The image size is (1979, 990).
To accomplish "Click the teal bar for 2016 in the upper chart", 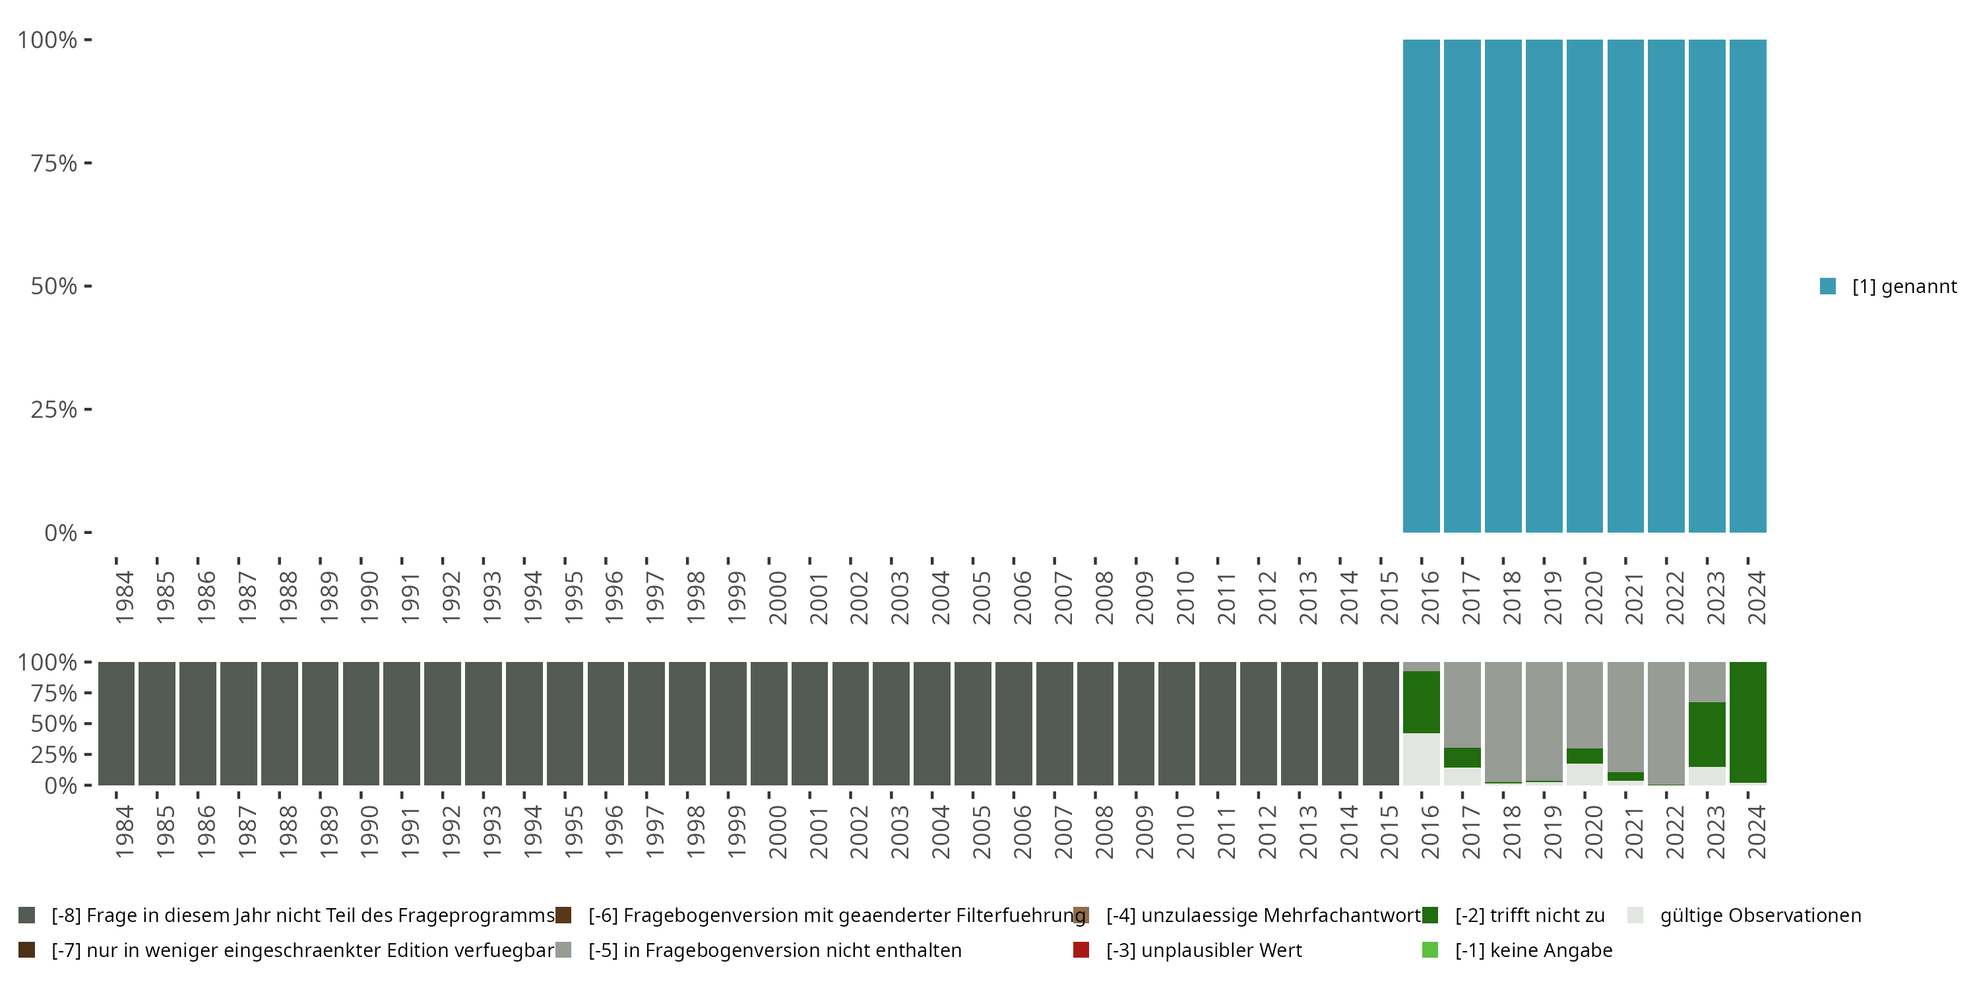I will [x=1422, y=286].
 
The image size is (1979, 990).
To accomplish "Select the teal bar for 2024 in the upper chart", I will [x=1747, y=286].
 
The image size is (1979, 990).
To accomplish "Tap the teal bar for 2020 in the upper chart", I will [x=1584, y=286].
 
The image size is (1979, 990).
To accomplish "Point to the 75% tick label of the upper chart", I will [x=54, y=163].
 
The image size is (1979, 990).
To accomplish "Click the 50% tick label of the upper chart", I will [x=54, y=286].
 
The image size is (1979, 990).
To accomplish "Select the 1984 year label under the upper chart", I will [x=125, y=597].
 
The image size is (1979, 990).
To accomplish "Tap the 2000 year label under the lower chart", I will [x=778, y=832].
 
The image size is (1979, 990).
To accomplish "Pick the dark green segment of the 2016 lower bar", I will [x=1422, y=702].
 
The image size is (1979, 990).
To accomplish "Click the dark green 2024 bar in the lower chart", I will [x=1747, y=723].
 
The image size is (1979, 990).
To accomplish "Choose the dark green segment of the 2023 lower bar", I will [x=1707, y=734].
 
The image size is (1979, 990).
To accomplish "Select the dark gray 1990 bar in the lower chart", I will [x=361, y=723].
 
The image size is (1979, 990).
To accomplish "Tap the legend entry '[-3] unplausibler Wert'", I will [x=1203, y=950].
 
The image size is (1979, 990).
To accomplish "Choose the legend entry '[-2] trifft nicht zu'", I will [x=1529, y=915].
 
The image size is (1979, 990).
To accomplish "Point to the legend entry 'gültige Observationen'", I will [x=1759, y=915].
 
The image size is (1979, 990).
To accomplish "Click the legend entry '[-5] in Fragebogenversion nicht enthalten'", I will [x=774, y=950].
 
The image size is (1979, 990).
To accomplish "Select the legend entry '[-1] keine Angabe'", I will [x=1532, y=950].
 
